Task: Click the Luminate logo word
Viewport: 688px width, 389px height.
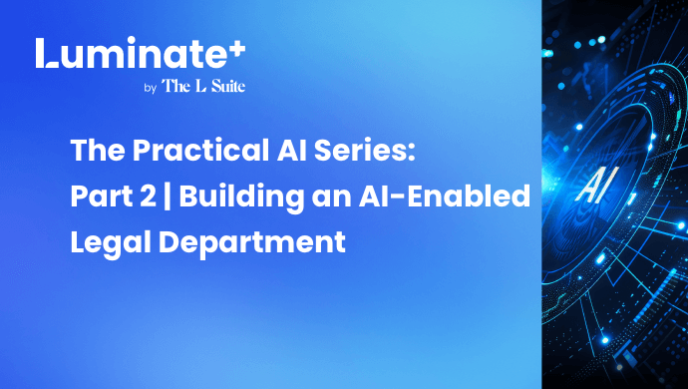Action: (x=135, y=53)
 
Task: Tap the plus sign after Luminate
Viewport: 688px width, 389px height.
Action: (x=238, y=48)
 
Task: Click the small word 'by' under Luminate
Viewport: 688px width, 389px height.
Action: (x=150, y=88)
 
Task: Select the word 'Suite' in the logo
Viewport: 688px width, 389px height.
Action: (x=227, y=86)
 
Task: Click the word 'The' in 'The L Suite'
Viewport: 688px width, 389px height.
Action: (x=175, y=86)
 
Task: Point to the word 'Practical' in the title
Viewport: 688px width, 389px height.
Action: (x=201, y=151)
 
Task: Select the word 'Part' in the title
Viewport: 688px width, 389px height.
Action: (x=102, y=195)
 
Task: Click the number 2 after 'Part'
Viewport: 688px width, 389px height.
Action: (x=149, y=195)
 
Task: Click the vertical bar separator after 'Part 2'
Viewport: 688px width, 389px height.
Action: (x=168, y=196)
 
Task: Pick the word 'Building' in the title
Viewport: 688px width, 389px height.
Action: (x=241, y=196)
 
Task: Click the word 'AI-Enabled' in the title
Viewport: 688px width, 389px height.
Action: (x=445, y=195)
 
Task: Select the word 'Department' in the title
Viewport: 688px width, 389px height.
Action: (x=252, y=242)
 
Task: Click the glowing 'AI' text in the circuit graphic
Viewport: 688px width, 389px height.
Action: (x=596, y=186)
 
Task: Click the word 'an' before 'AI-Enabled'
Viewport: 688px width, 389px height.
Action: (x=331, y=198)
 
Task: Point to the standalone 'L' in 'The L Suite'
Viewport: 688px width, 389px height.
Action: (x=200, y=86)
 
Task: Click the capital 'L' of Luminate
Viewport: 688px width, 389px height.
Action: (x=46, y=53)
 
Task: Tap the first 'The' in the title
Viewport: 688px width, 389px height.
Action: (x=98, y=151)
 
